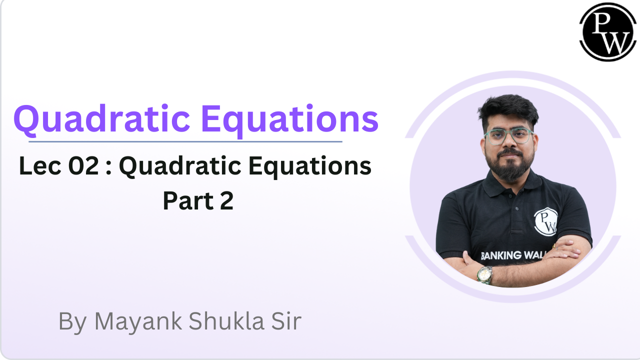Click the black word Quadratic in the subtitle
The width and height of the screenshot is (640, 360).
pos(177,166)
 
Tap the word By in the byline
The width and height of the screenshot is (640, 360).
pos(73,321)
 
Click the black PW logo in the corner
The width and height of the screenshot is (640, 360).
pos(608,32)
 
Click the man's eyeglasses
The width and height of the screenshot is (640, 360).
pos(508,136)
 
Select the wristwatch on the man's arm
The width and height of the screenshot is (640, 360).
pos(484,274)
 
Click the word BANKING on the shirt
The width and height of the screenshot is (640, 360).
pos(500,255)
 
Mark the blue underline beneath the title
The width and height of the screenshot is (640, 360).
pos(185,141)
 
